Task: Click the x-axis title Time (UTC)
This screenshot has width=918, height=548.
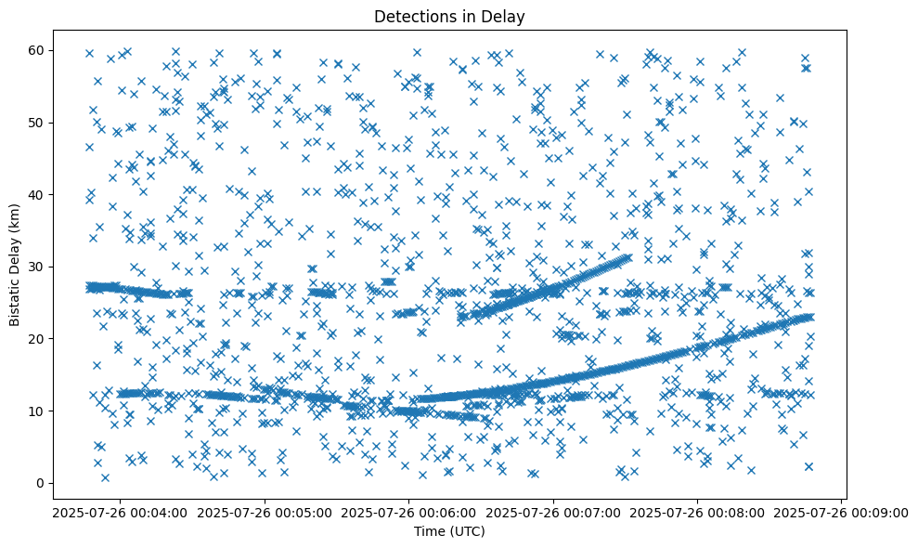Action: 448,531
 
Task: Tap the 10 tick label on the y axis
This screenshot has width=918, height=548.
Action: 39,411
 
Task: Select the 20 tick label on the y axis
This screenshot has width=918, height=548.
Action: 39,339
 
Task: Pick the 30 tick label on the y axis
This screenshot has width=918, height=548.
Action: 39,267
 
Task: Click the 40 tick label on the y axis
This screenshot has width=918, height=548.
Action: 39,194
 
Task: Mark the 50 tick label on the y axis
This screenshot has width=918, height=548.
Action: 39,123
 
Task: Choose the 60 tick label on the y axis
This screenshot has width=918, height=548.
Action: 39,50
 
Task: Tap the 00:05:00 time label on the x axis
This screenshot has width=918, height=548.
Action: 264,512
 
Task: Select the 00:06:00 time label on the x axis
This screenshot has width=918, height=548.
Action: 408,512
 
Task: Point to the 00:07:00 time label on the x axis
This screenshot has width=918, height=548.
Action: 553,512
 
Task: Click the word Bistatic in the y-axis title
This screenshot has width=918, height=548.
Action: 16,297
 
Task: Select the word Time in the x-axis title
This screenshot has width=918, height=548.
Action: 429,531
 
